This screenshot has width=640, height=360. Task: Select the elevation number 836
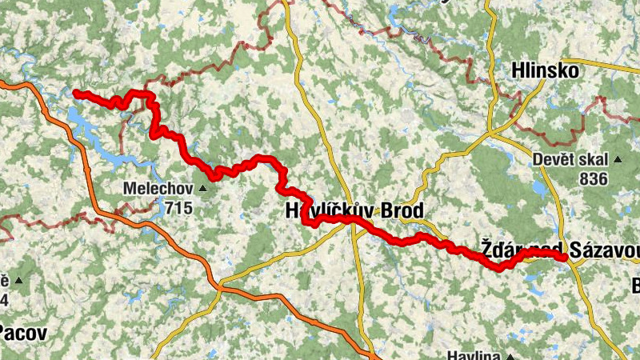click(x=594, y=178)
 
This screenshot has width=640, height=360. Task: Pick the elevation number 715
click(x=179, y=207)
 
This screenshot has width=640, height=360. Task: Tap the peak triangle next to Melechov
click(x=202, y=189)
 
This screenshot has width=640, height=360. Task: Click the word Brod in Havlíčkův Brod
click(x=391, y=212)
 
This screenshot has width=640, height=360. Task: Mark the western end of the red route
click(x=75, y=94)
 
